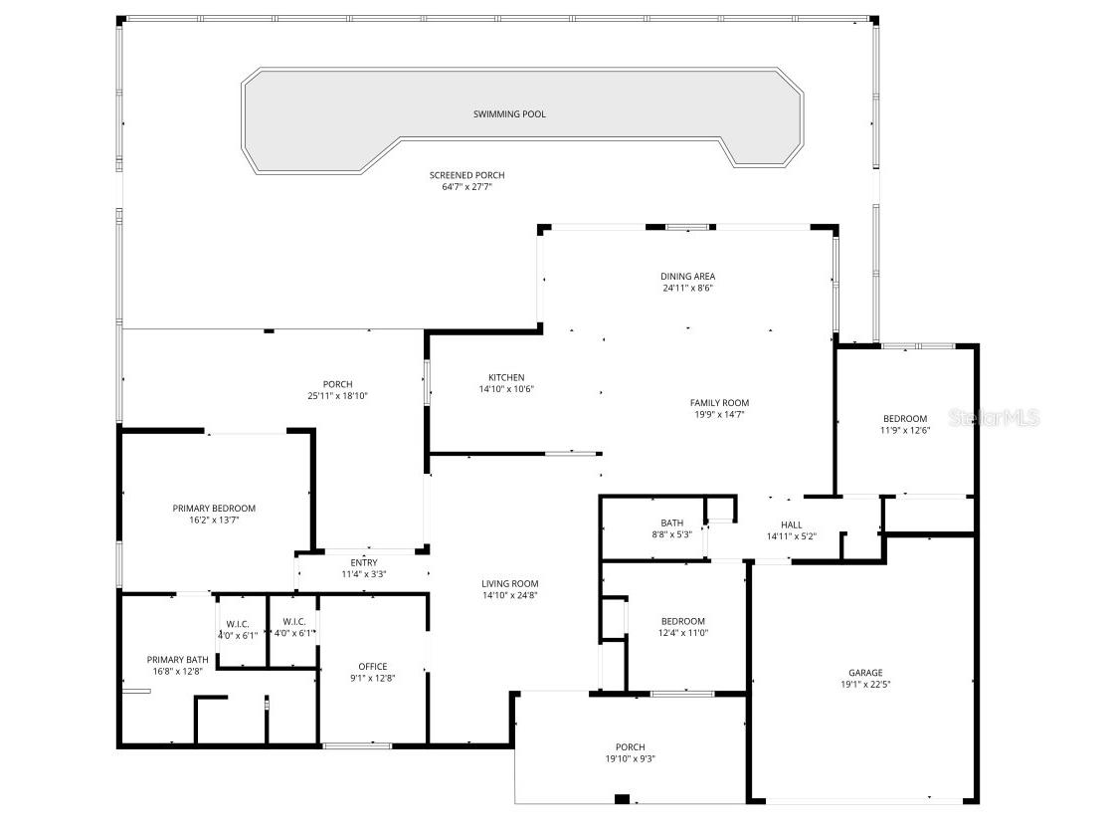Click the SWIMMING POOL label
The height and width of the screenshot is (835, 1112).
(x=509, y=114)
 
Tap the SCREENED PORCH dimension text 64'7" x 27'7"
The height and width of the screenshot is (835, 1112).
(x=466, y=187)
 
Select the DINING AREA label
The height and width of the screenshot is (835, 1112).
(x=687, y=277)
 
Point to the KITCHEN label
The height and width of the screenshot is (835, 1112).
(x=506, y=377)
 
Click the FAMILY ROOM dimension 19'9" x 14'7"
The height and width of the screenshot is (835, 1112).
(x=719, y=415)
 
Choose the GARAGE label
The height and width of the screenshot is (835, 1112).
(x=865, y=673)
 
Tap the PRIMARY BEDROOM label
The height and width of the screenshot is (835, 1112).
(x=214, y=508)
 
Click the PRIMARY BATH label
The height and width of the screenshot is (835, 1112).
(x=177, y=660)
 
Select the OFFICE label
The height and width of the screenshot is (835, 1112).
(x=372, y=666)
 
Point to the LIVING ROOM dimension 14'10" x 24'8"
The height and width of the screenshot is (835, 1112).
(x=510, y=596)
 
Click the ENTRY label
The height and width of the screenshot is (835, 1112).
(x=364, y=562)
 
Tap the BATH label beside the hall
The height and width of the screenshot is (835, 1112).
(x=671, y=522)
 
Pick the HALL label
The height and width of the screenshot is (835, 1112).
(x=792, y=524)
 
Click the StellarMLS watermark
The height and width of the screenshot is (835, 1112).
(x=994, y=417)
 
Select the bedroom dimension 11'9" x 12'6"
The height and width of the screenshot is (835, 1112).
(x=905, y=430)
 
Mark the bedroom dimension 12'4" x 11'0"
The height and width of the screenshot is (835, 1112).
(x=683, y=633)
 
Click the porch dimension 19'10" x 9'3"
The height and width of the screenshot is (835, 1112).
(x=630, y=758)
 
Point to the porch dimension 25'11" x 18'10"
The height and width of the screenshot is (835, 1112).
(x=337, y=396)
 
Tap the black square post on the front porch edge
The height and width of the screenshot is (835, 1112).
(x=622, y=799)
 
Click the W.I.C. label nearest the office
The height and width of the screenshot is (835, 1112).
(x=293, y=621)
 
